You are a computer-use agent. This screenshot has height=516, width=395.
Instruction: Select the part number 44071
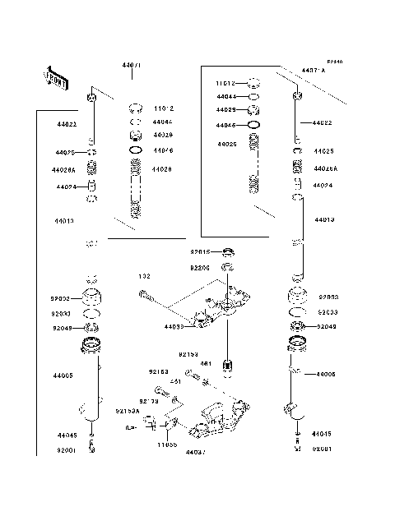(132, 63)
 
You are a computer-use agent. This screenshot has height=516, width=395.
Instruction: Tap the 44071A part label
(314, 71)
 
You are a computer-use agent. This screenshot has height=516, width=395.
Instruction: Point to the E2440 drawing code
(333, 62)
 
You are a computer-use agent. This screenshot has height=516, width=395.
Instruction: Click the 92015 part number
(201, 252)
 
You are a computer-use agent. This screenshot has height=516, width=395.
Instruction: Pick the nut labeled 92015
(230, 251)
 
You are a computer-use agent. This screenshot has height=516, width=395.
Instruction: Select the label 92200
(201, 267)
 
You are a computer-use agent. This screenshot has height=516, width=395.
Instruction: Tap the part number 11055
(168, 444)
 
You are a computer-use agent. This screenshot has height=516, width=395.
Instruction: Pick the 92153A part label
(128, 410)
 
